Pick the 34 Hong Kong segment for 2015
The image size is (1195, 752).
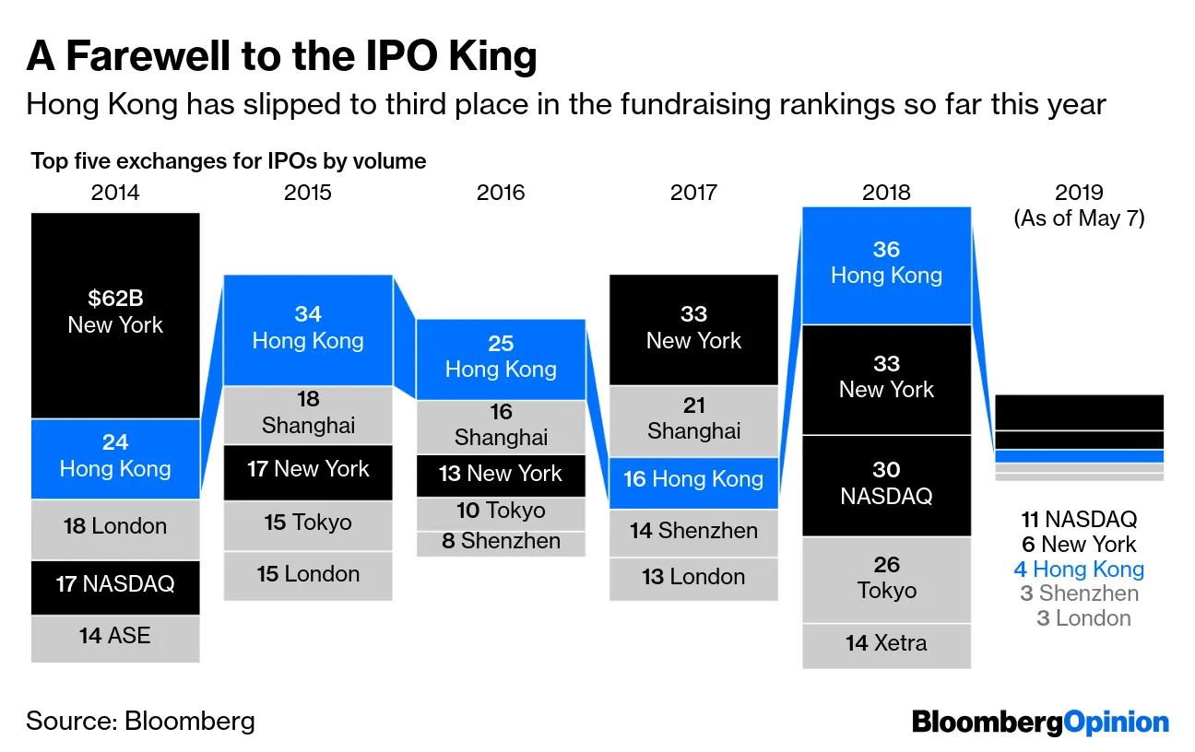(x=308, y=329)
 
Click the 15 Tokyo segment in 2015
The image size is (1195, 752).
(x=308, y=523)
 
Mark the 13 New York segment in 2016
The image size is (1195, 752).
(x=501, y=475)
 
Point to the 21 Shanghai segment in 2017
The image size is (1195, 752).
(x=693, y=419)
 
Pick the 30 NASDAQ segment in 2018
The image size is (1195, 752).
(x=886, y=485)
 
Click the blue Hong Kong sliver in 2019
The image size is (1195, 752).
(x=1079, y=456)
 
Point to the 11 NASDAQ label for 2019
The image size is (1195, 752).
(x=1079, y=520)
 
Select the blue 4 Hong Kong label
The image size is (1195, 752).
(x=1079, y=570)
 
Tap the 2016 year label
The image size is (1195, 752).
(x=501, y=193)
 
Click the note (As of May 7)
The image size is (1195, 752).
(x=1079, y=219)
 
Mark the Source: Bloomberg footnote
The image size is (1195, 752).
(x=140, y=721)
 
